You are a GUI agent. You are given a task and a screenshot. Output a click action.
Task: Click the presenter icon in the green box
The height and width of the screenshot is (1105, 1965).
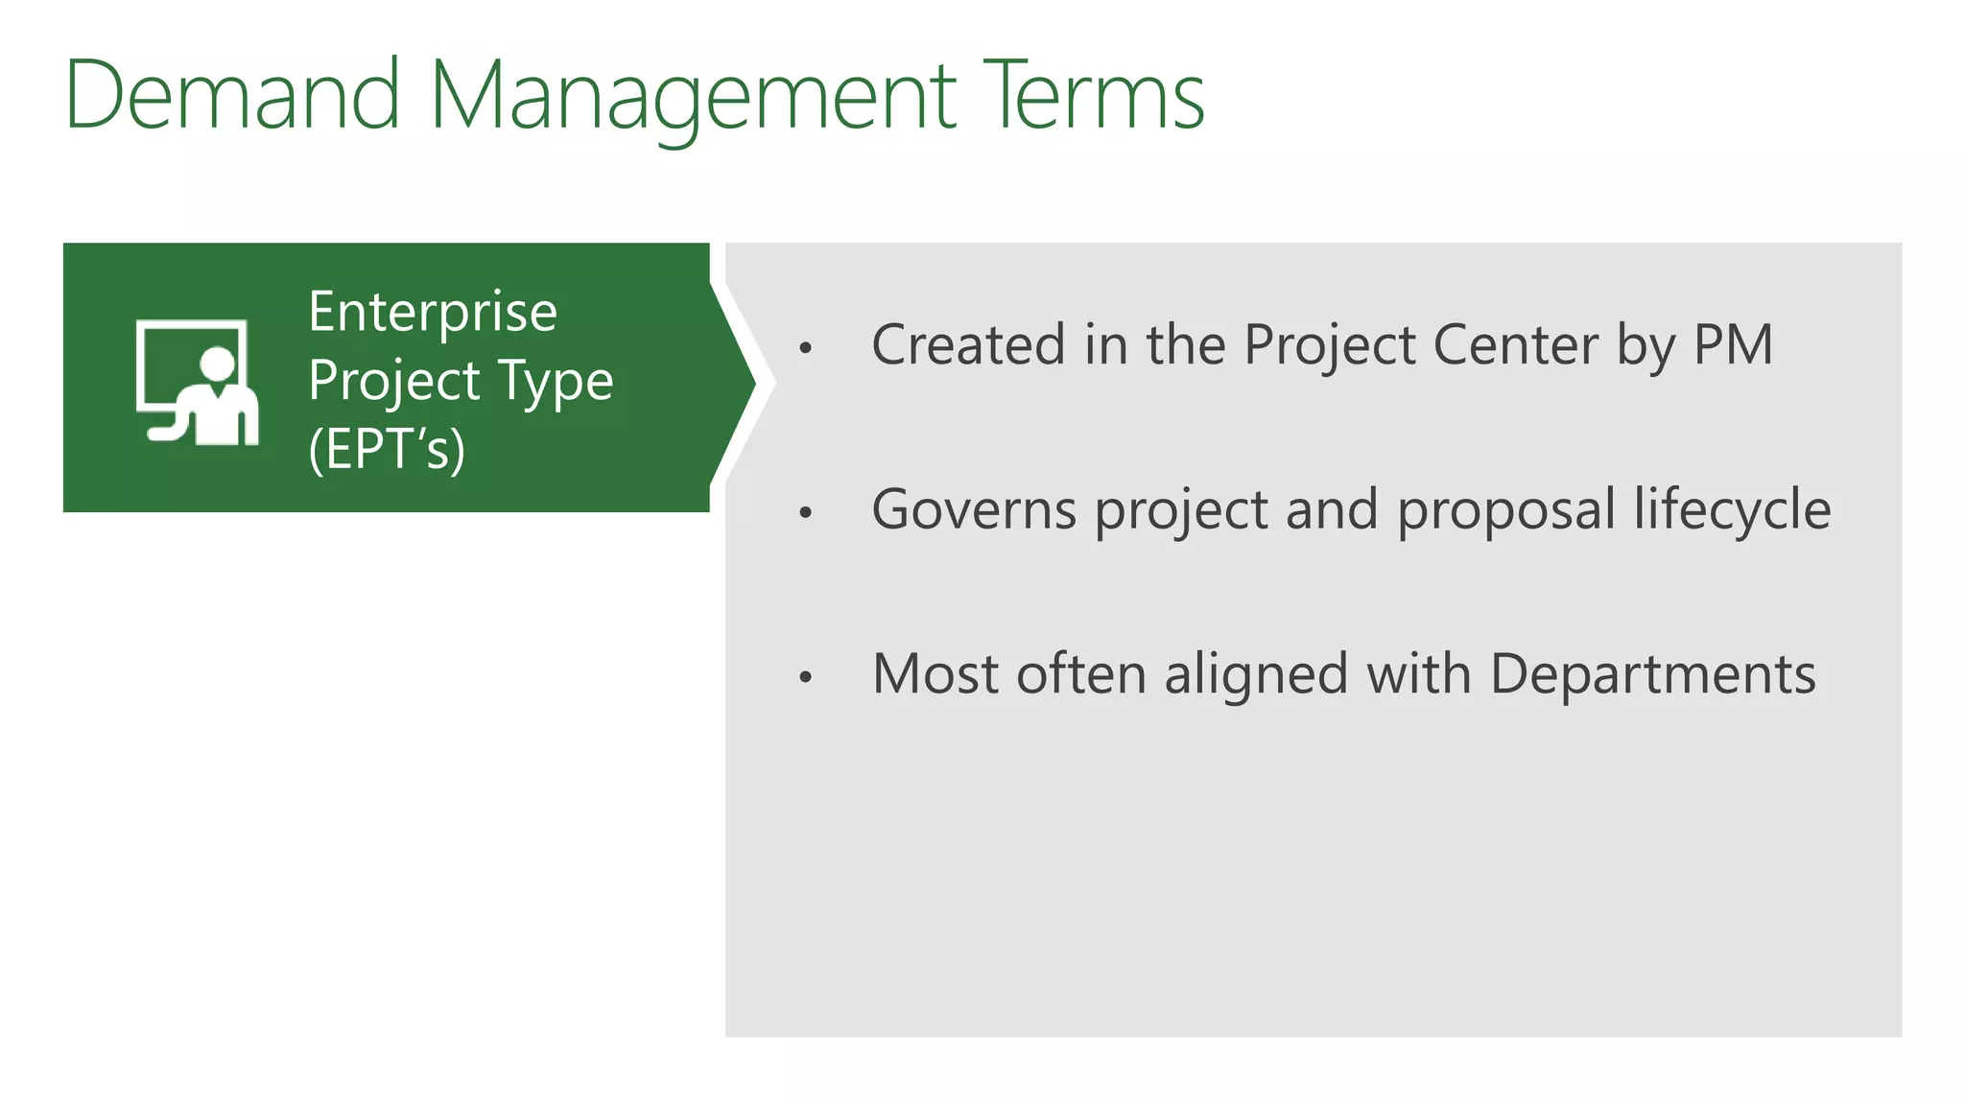pos(198,382)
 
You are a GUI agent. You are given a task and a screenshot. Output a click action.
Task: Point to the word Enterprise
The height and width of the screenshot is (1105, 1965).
pos(433,313)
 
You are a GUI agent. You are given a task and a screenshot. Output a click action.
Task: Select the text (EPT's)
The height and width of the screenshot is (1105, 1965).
pos(387,449)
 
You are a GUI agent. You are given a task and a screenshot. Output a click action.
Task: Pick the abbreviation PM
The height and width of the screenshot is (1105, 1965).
pos(1733,344)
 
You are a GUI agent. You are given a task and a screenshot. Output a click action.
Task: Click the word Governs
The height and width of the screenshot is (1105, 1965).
pos(974,509)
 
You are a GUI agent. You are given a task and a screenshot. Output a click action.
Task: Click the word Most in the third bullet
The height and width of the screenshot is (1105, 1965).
pos(935,673)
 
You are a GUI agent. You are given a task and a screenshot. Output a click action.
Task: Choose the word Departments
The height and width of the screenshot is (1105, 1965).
pos(1652,675)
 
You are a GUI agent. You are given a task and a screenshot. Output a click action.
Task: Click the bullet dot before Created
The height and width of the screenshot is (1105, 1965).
pos(806,348)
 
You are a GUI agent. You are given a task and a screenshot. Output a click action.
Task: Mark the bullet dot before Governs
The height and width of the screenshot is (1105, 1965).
pos(806,513)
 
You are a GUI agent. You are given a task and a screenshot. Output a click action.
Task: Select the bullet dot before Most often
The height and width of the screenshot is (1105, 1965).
pos(806,678)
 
